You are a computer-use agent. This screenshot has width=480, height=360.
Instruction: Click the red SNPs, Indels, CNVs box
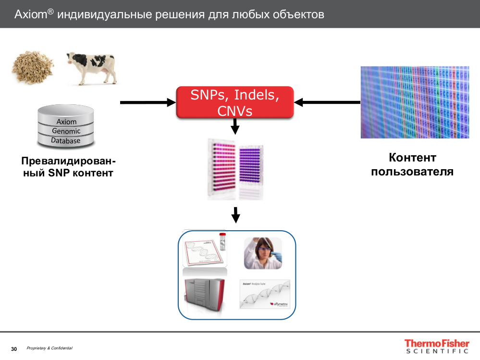point(234,102)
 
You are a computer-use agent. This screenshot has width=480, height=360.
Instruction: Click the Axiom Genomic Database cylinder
point(65,126)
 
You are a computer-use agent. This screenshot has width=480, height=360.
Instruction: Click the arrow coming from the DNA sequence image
point(327,102)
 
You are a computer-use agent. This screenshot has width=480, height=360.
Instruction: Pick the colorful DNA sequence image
point(415,102)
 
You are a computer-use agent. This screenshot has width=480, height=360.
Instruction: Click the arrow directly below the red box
point(235,127)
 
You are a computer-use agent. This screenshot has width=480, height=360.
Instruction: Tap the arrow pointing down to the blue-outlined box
point(235,215)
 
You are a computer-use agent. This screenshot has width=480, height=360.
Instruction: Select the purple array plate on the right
point(251,171)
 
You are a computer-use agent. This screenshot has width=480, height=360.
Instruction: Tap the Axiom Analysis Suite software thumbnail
point(265,294)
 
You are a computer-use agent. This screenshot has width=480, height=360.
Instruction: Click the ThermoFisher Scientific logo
point(436,347)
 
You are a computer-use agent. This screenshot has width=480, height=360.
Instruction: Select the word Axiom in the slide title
point(30,14)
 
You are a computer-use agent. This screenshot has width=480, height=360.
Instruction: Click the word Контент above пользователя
point(412,158)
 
